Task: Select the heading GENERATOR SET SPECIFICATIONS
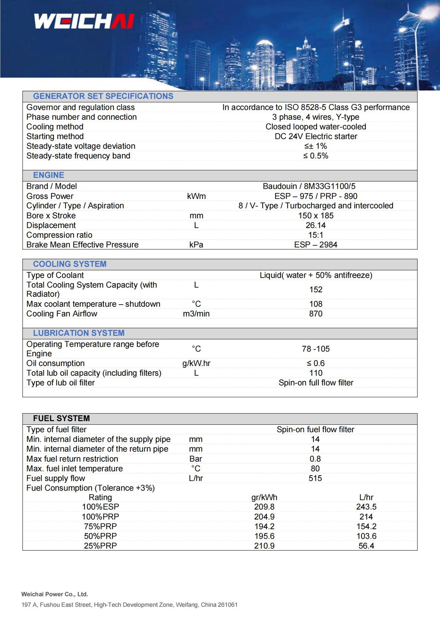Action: coord(103,96)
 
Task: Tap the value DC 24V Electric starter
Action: coord(316,136)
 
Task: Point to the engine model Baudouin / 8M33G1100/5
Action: coord(309,186)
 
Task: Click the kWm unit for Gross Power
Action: coord(196,196)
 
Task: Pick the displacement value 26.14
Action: coord(315,225)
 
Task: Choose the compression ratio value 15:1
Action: coord(315,235)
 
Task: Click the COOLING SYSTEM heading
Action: coord(70,264)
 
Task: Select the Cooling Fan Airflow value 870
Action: coord(315,314)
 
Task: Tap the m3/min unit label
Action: coord(196,314)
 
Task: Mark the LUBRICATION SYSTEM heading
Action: coord(79,333)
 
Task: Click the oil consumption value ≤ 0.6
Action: coord(315,363)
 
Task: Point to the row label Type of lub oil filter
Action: coord(61,383)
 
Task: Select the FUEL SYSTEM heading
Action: coord(61,419)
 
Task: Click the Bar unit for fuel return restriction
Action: coord(196,459)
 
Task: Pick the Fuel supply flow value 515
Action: coord(315,478)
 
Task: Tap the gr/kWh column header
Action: coord(264,498)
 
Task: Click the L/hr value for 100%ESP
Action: coord(366,507)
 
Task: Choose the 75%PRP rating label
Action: coord(100,526)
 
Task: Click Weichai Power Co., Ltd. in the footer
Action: coord(55,594)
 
